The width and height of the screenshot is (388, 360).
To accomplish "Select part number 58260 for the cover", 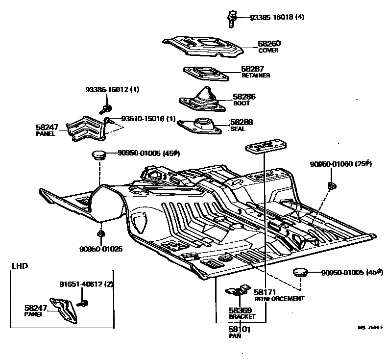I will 269,44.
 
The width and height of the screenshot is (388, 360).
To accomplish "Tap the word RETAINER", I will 256,76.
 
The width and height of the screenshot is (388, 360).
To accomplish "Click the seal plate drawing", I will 201,126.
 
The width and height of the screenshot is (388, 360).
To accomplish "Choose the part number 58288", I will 243,123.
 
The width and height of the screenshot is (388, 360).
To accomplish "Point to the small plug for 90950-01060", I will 331,185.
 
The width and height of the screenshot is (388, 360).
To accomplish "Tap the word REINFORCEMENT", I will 279,298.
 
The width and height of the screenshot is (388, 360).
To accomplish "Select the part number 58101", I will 240,330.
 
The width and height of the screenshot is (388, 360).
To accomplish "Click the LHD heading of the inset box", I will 20,266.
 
